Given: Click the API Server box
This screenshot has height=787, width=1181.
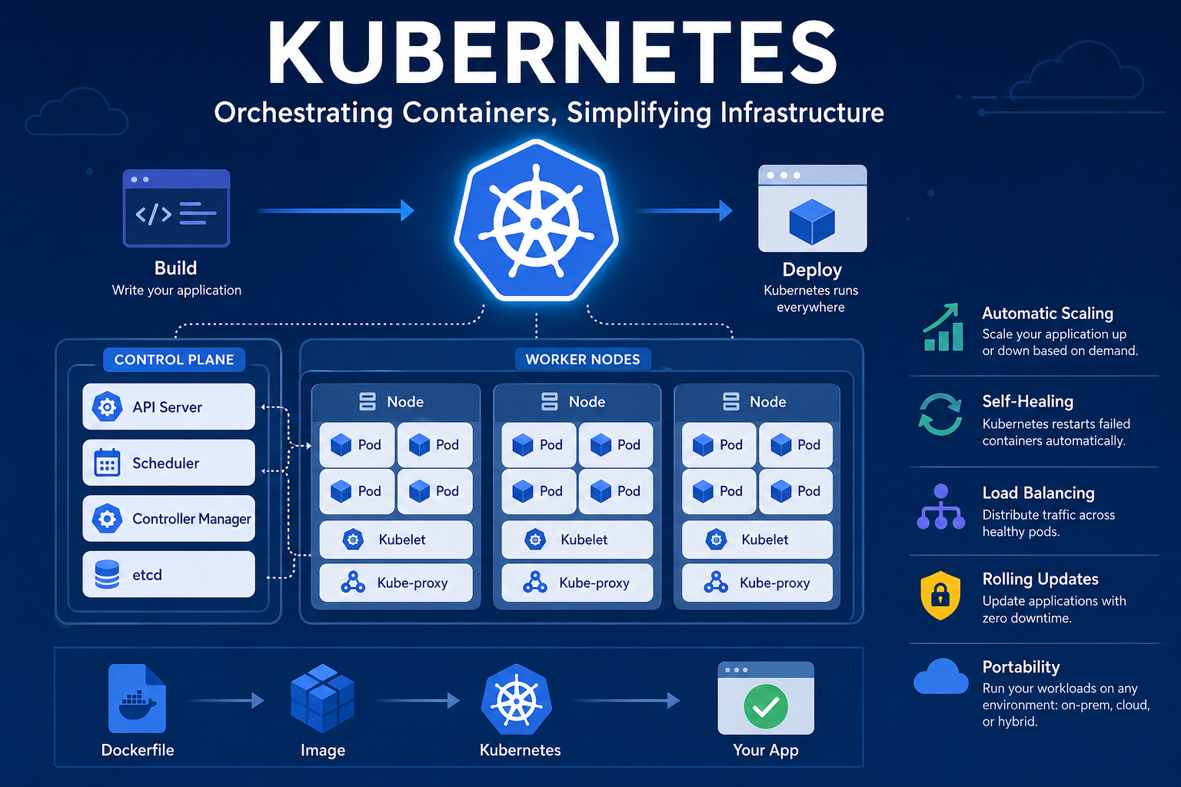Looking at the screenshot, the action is click(x=168, y=407).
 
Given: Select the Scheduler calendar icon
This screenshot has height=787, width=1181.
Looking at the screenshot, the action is click(x=107, y=463).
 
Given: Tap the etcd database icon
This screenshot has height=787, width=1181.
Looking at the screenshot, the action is click(x=107, y=574).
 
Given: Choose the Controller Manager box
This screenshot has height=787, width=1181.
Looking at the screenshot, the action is click(x=168, y=518).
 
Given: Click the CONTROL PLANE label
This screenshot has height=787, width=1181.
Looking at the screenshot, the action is click(x=174, y=360).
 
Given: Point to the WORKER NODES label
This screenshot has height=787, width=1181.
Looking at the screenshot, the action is click(x=583, y=360).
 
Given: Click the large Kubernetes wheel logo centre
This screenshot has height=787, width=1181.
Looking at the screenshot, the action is click(x=536, y=222).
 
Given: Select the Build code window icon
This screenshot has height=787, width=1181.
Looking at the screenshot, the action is click(x=176, y=208).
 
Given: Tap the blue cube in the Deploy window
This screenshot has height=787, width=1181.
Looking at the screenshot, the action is click(x=812, y=222).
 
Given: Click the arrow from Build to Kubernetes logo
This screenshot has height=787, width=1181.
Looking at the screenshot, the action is click(x=336, y=211).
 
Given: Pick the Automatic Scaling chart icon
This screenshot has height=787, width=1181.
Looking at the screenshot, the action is click(x=943, y=327).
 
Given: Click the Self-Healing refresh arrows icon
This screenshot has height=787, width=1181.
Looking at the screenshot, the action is click(x=940, y=414).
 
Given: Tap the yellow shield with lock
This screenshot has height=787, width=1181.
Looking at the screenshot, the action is click(x=940, y=595).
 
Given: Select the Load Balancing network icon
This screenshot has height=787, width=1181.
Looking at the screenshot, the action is click(x=941, y=507).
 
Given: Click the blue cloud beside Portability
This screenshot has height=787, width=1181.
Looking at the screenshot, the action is click(x=941, y=676).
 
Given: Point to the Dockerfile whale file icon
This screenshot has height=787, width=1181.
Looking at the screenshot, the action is click(x=137, y=699).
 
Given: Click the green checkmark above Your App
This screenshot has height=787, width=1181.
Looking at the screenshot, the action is click(x=766, y=706).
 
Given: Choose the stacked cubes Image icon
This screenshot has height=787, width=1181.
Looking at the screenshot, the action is click(x=322, y=699).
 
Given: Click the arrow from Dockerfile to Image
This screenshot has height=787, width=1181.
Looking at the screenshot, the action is click(x=225, y=701).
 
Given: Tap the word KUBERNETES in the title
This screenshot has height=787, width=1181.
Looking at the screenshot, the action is click(x=551, y=53).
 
